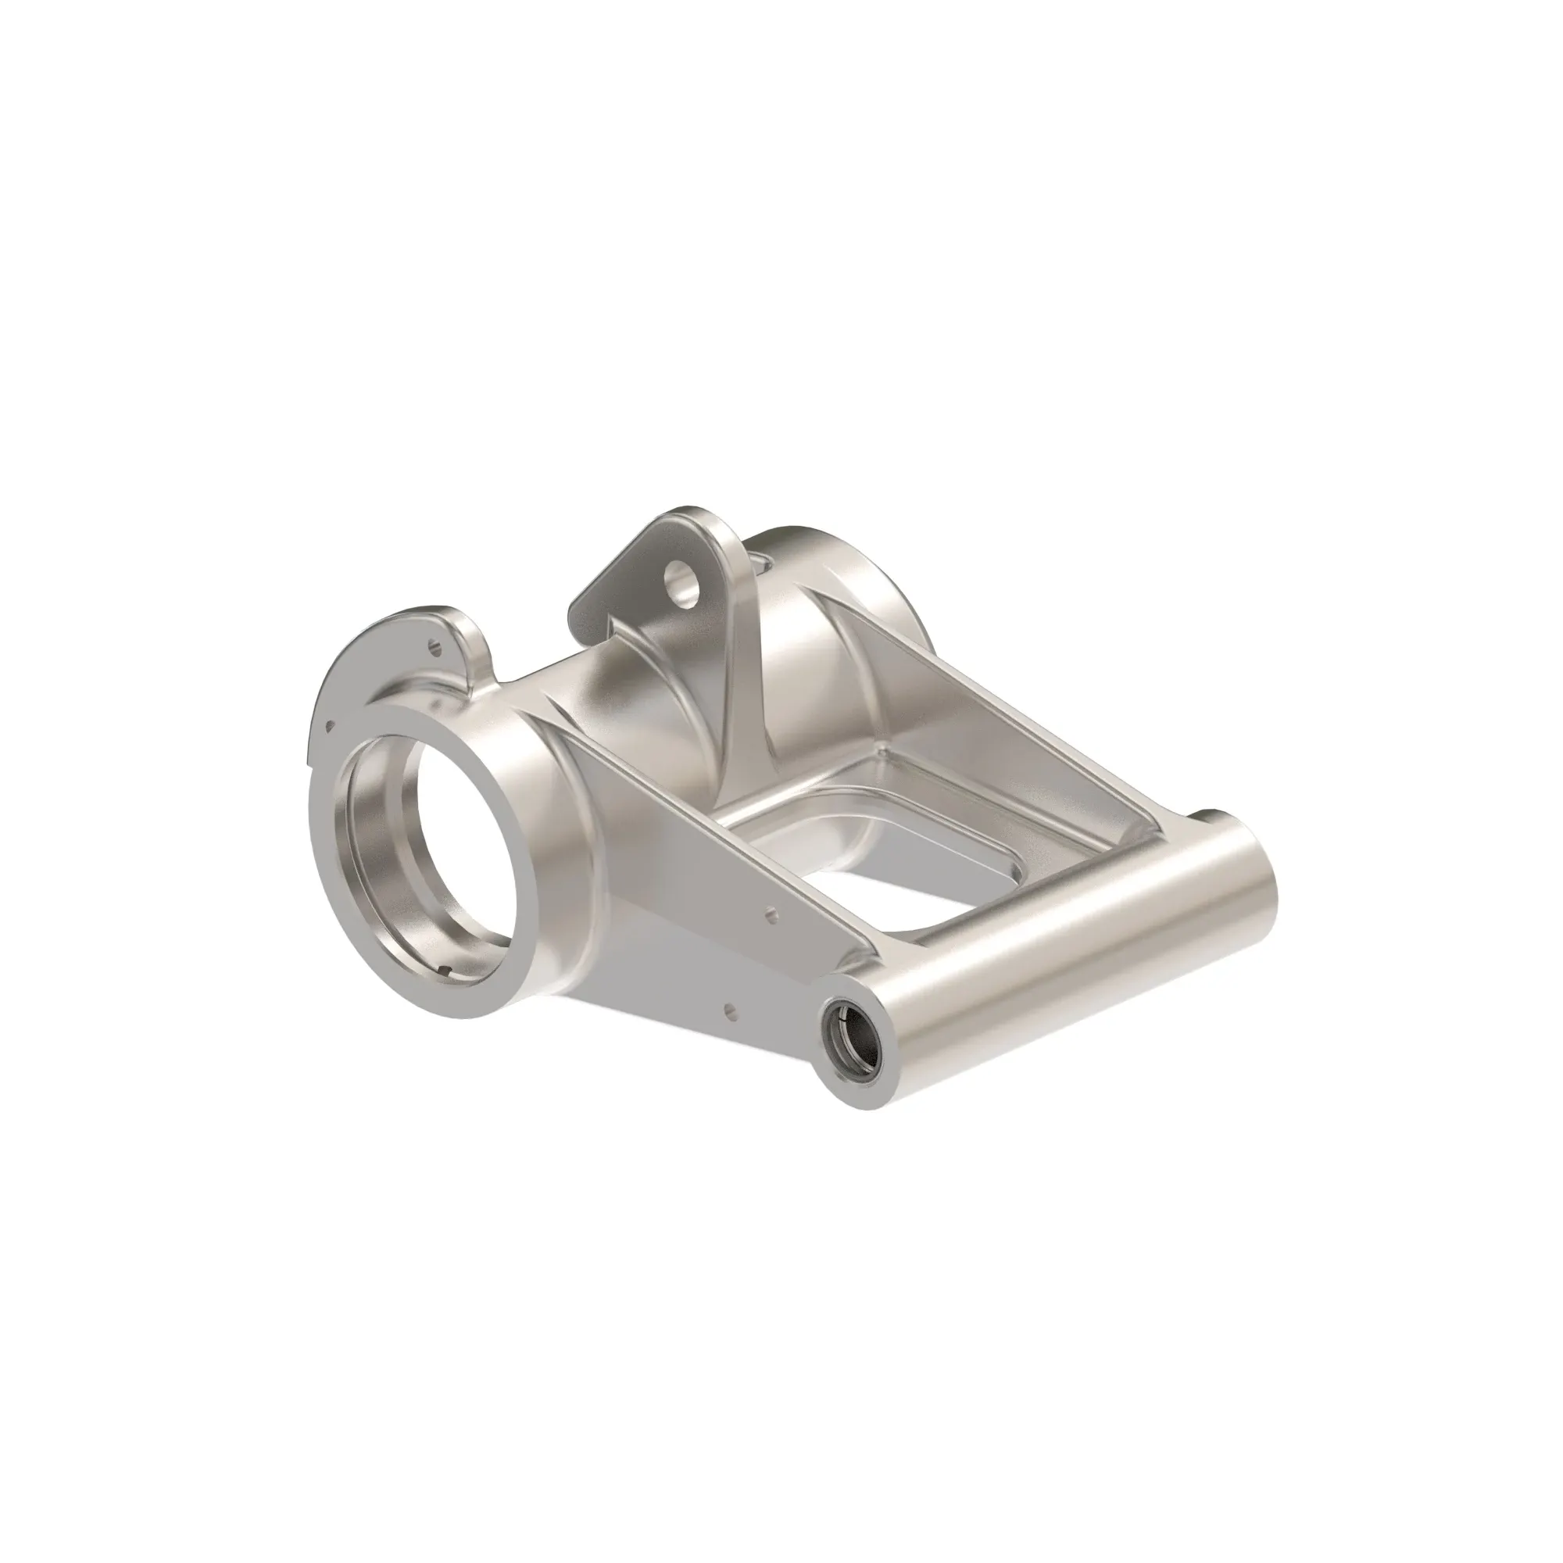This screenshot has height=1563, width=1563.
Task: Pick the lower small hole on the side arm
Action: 730,1009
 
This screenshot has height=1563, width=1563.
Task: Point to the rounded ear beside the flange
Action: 477,639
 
